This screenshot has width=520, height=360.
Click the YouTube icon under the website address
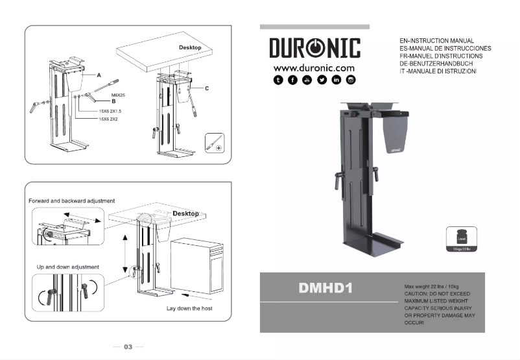point(307,80)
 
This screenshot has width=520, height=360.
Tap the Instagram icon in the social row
point(351,80)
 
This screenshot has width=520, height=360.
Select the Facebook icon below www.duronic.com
point(293,80)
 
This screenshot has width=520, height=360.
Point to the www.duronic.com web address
point(314,67)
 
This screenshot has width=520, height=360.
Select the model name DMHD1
point(325,288)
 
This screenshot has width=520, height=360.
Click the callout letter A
point(99,75)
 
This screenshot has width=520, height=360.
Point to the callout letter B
point(113,101)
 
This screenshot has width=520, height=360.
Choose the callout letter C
point(206,88)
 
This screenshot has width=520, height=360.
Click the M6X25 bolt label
point(119,95)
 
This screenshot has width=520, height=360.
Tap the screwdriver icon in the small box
point(215,142)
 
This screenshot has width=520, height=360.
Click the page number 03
point(128,347)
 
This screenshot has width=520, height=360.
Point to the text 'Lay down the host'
point(189,308)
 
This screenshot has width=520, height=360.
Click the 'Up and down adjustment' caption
point(67,267)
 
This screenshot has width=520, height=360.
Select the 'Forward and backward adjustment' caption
point(71,201)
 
